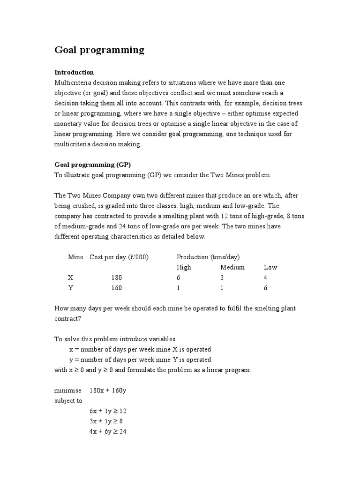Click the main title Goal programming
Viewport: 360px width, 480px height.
99,50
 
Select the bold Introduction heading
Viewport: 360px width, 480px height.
74,72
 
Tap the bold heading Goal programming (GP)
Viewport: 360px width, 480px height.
92,165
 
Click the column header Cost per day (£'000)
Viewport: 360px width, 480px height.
119,257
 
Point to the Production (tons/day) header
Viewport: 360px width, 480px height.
208,257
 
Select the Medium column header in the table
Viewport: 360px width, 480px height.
232,267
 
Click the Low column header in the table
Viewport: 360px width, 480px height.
270,267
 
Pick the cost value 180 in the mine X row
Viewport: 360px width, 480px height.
116,277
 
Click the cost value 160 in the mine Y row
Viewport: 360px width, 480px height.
116,288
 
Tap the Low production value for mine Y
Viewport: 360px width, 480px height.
265,288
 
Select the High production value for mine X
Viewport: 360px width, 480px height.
178,277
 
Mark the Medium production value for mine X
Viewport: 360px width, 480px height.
222,277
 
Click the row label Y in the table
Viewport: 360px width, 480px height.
71,288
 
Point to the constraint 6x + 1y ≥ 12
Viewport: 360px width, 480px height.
108,411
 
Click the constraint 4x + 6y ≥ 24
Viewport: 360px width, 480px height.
108,432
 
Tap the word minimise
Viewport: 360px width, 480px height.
67,390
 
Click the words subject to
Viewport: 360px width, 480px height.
68,401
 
